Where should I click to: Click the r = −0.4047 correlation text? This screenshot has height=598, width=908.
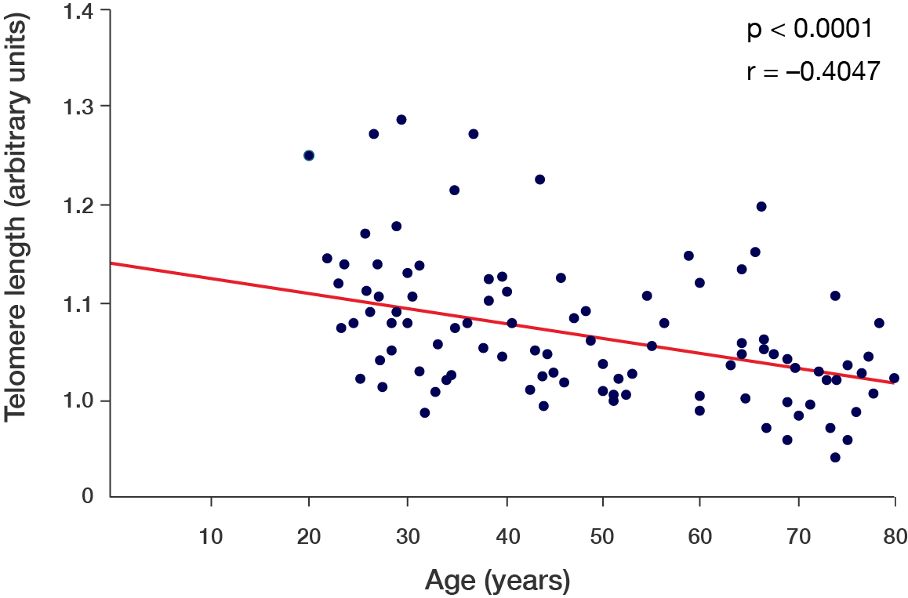pyautogui.click(x=814, y=71)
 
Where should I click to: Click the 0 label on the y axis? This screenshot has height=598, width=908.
pyautogui.click(x=89, y=497)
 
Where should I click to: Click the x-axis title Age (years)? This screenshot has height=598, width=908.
pyautogui.click(x=497, y=581)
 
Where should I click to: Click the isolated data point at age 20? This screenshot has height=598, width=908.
pyautogui.click(x=309, y=155)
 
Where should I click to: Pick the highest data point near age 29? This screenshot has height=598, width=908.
pyautogui.click(x=401, y=119)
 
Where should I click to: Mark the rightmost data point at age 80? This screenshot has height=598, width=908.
pyautogui.click(x=894, y=378)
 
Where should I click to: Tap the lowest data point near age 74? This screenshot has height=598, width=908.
pyautogui.click(x=835, y=457)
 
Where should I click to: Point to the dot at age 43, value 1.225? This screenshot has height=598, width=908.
pyautogui.click(x=539, y=179)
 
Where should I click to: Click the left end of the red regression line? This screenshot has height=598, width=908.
pyautogui.click(x=112, y=263)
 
